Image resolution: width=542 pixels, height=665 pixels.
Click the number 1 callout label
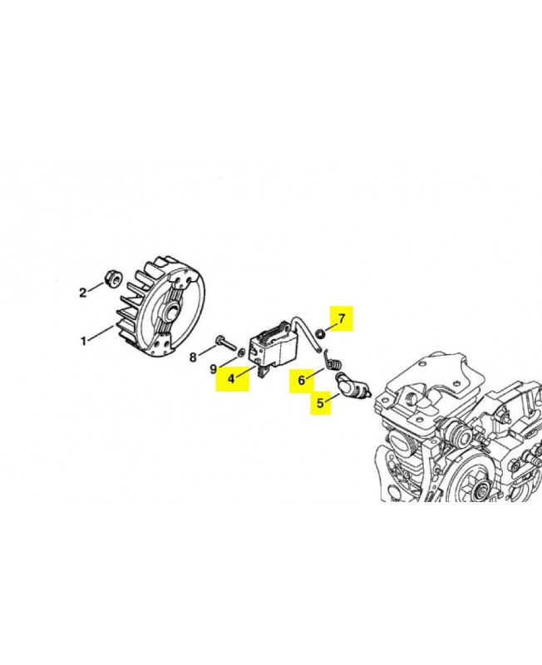(84, 340)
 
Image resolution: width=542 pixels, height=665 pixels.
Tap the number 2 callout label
(83, 293)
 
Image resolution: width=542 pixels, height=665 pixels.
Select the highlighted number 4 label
(232, 378)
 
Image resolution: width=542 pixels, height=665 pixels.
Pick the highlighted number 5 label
(320, 402)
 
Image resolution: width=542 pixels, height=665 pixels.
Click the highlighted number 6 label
(302, 381)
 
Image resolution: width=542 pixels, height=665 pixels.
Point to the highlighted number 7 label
(342, 318)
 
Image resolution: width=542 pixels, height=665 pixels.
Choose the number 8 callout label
(193, 357)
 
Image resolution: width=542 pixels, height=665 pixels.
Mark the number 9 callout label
(214, 369)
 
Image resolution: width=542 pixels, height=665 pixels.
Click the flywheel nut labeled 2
(112, 278)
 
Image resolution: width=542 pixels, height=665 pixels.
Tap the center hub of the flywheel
(173, 315)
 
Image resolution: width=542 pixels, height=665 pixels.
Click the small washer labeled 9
(241, 352)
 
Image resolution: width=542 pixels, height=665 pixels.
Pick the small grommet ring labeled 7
(321, 333)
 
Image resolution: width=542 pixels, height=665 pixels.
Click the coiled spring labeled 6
(331, 360)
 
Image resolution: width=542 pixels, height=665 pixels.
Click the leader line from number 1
(101, 333)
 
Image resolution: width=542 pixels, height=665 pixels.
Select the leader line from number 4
(248, 367)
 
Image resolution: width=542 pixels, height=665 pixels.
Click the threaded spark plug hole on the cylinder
(410, 398)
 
